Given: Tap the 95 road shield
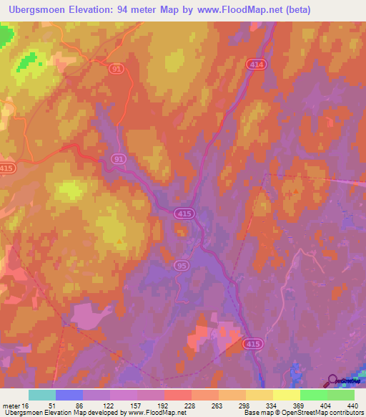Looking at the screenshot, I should (182, 266).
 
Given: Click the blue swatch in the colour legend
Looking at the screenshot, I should (69, 396).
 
